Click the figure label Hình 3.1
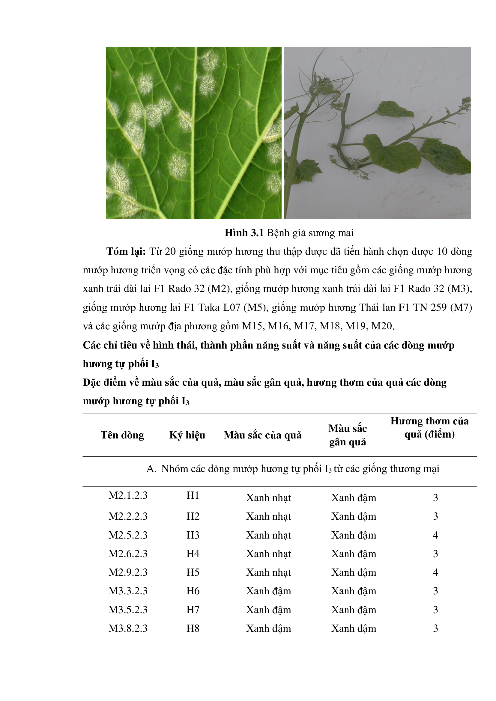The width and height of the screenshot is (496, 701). [244, 233]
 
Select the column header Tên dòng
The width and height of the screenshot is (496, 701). [122, 435]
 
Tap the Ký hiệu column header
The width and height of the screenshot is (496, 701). [187, 435]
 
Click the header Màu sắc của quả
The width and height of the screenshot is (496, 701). [262, 435]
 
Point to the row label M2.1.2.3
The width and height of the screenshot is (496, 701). [128, 495]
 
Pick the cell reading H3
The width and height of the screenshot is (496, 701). [193, 535]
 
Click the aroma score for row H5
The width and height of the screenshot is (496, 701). [435, 572]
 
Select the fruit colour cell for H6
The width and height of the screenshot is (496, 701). [268, 591]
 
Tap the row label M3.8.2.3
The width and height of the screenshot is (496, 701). [128, 628]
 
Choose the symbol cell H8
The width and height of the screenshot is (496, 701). [193, 628]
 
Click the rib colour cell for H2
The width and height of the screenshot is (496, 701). [354, 516]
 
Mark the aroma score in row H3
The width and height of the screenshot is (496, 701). [435, 535]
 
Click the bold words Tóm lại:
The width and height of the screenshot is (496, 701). [126, 251]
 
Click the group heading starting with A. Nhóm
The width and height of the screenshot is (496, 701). [293, 469]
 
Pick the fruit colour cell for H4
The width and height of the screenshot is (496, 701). [268, 554]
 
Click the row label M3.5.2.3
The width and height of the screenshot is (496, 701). [128, 609]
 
